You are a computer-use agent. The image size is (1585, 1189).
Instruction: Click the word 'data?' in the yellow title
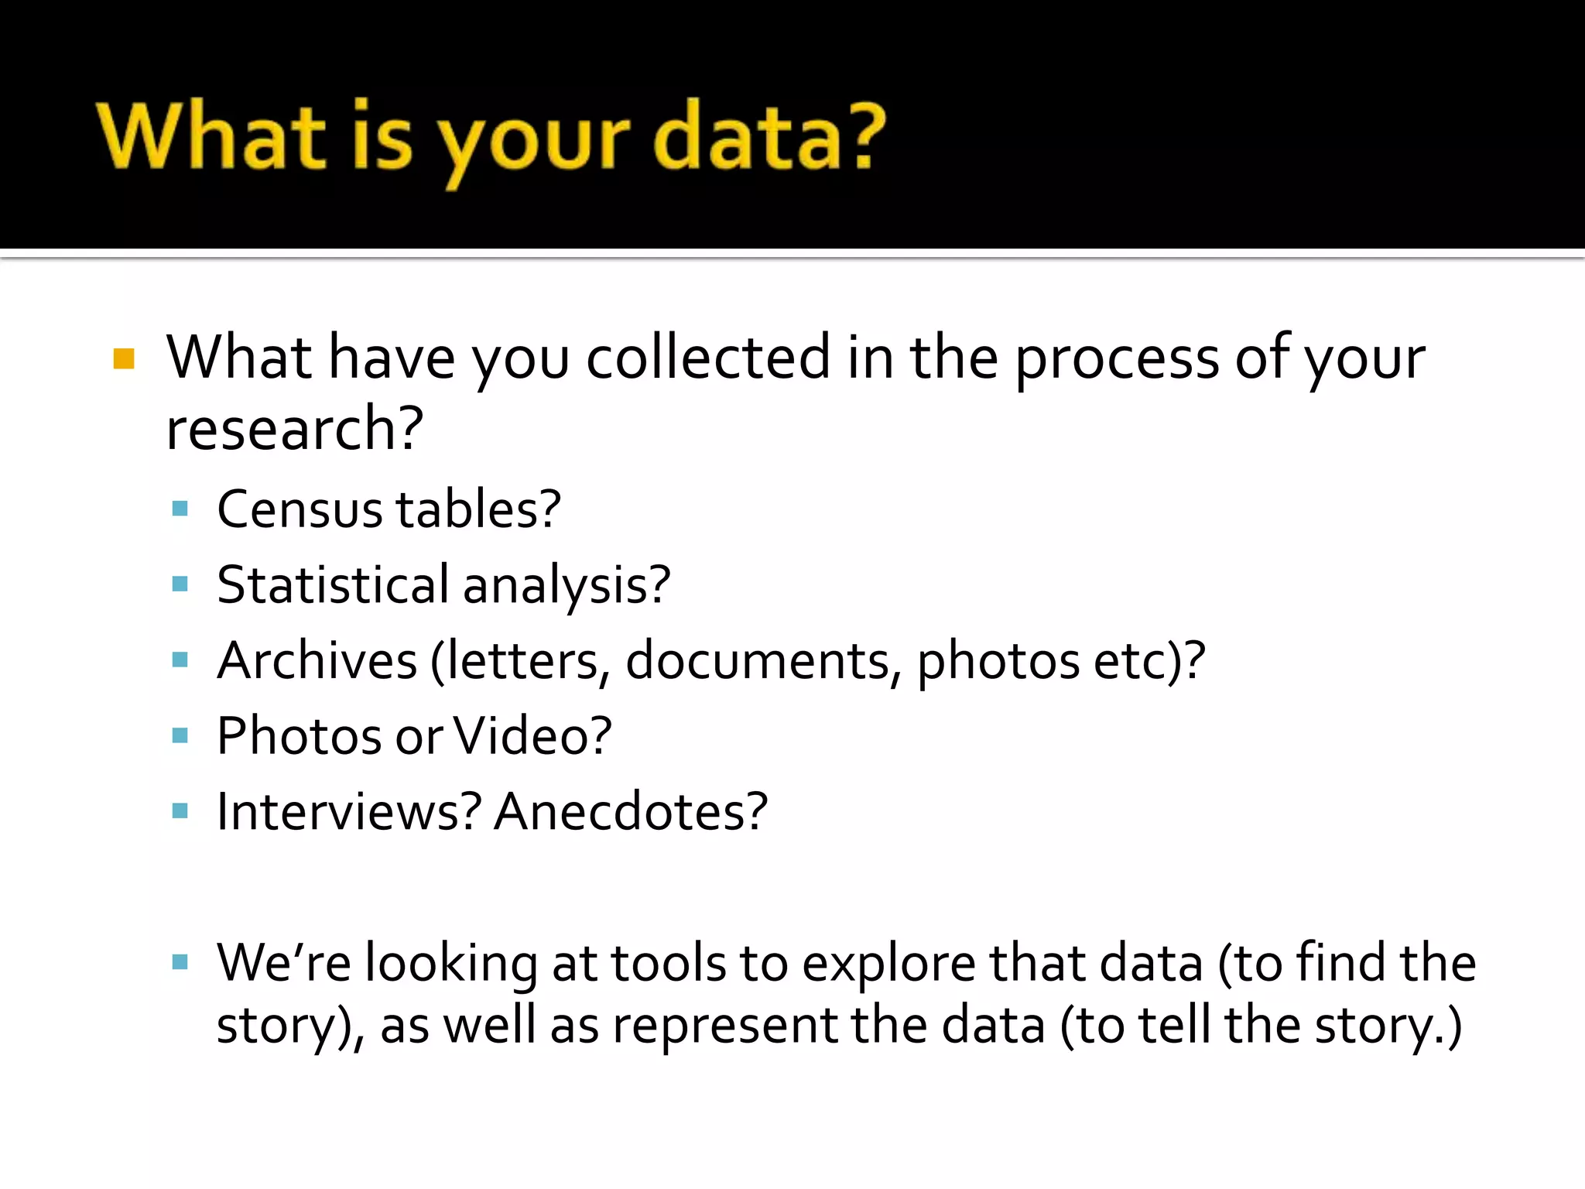click(769, 137)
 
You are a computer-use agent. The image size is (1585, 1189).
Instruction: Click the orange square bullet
click(124, 359)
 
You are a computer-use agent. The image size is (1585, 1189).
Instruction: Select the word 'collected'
click(707, 358)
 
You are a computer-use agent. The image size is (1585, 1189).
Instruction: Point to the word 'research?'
click(295, 430)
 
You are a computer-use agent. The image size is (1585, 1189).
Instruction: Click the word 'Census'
click(300, 510)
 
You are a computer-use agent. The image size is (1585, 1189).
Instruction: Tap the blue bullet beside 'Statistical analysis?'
click(180, 584)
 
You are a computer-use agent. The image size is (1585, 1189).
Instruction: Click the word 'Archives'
click(317, 660)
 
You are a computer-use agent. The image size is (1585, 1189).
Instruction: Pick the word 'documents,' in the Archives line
click(763, 660)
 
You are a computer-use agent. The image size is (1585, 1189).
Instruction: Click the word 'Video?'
click(532, 736)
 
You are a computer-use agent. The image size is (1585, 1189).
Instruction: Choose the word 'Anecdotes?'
click(631, 812)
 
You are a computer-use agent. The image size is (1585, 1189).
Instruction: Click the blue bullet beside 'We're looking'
click(180, 963)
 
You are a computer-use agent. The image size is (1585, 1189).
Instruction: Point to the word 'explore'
click(888, 965)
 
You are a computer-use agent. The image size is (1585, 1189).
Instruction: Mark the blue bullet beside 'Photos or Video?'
click(180, 735)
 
